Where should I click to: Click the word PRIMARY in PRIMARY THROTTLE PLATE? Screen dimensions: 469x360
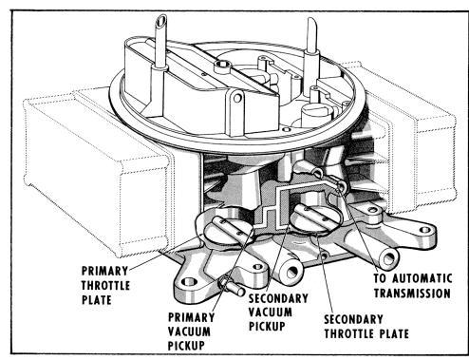click(104, 271)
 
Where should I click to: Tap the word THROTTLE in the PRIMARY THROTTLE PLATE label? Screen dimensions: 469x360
click(105, 286)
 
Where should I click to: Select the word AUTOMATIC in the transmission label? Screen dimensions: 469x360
click(422, 278)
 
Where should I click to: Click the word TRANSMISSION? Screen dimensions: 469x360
click(412, 294)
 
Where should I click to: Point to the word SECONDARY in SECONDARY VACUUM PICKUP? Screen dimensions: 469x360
click(278, 298)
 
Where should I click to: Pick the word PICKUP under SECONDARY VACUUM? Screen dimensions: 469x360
click(267, 326)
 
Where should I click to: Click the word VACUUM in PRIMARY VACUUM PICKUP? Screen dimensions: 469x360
click(189, 332)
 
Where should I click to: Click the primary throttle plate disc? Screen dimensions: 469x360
click(229, 231)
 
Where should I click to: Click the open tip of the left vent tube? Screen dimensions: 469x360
click(160, 22)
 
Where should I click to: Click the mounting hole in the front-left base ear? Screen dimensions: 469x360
click(189, 281)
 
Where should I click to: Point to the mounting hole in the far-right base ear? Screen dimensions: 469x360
click(424, 230)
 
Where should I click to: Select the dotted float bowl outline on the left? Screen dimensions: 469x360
click(95, 171)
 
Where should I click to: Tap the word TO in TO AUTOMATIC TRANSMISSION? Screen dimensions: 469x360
click(381, 278)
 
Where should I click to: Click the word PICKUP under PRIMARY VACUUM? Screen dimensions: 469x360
click(186, 346)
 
